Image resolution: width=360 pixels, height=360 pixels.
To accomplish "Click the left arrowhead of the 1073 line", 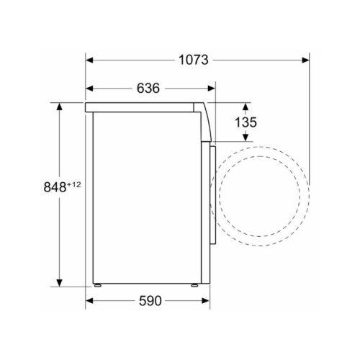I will click(90, 60).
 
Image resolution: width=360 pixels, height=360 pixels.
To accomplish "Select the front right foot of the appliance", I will click(195, 286).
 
